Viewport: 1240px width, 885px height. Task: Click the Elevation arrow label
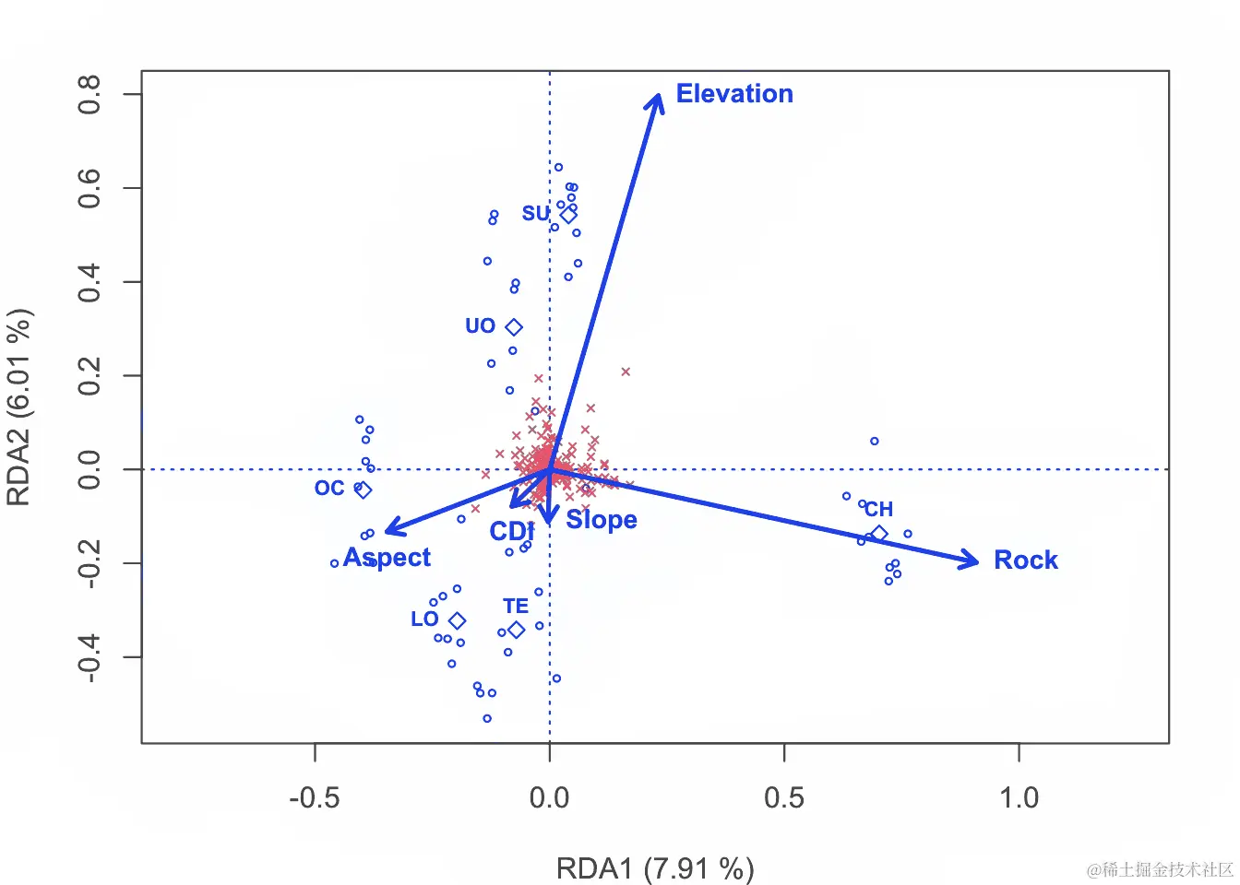point(734,94)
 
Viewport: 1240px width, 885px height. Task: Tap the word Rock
point(1025,560)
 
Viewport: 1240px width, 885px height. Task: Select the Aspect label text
point(387,558)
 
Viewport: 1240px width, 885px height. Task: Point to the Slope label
point(602,520)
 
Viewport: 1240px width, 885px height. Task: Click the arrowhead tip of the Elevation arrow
point(659,96)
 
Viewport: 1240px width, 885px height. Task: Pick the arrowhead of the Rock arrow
point(976,560)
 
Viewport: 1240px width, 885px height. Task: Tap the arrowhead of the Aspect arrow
point(387,530)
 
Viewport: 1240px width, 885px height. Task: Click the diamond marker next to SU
point(568,215)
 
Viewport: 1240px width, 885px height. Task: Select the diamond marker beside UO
point(514,327)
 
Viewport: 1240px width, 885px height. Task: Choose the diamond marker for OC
point(364,490)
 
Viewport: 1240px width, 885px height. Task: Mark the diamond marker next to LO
point(457,621)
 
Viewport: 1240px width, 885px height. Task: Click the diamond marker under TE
point(517,630)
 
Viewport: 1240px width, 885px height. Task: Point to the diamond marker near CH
point(879,534)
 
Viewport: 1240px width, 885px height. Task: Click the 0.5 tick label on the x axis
point(784,797)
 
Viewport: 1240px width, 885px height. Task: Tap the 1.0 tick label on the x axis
point(1019,797)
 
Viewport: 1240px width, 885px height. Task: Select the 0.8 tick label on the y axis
point(89,94)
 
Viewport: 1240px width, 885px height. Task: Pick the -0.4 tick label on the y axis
point(89,657)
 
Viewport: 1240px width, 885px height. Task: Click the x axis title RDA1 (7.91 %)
point(655,868)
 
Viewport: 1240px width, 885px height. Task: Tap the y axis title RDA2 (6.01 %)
point(19,407)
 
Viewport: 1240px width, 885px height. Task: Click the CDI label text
point(511,532)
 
